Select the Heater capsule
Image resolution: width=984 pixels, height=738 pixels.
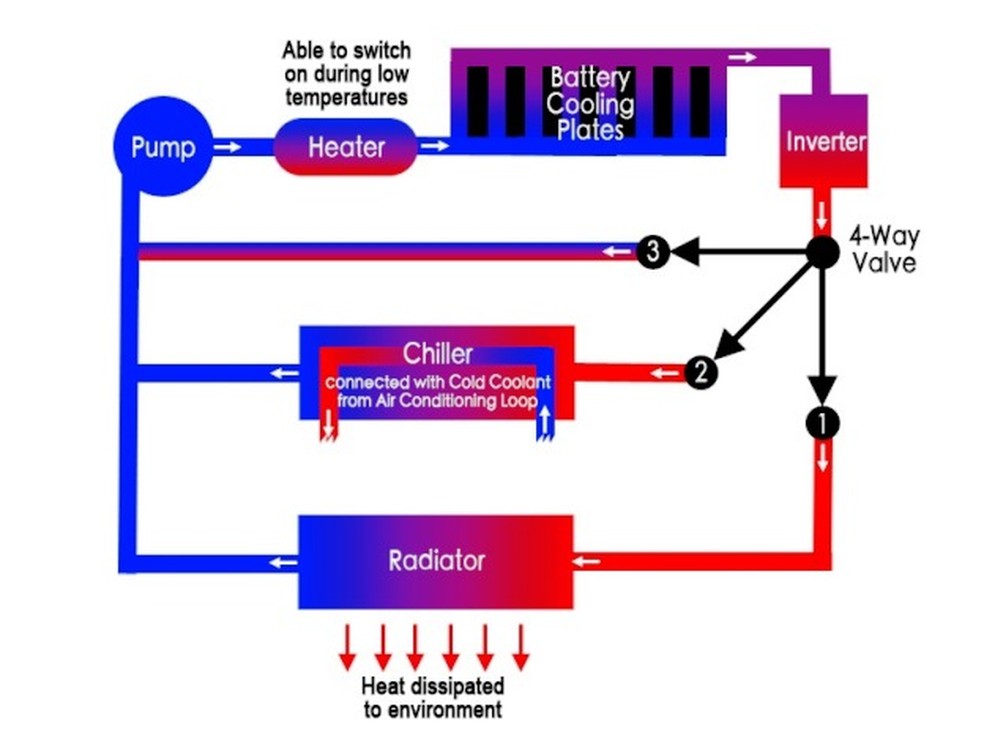345,147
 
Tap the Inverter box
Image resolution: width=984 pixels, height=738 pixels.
823,141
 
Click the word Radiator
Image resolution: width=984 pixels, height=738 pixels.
436,560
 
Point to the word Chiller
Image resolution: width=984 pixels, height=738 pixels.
437,353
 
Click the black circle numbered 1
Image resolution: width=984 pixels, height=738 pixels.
822,423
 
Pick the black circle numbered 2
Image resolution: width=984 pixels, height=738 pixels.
701,373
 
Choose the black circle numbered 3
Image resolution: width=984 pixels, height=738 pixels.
653,251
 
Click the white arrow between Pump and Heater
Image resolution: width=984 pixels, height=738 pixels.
228,147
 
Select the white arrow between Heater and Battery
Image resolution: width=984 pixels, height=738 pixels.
434,147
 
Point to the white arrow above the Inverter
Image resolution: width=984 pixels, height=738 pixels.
742,57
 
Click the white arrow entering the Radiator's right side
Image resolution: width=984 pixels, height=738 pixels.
586,561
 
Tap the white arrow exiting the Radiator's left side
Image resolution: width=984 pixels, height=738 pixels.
283,561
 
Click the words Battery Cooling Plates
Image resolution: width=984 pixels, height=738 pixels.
590,103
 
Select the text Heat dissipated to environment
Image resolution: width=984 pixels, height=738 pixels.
432,698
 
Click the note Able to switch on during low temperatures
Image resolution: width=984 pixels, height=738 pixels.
346,73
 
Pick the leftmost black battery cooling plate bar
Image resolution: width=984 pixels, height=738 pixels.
477,101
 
